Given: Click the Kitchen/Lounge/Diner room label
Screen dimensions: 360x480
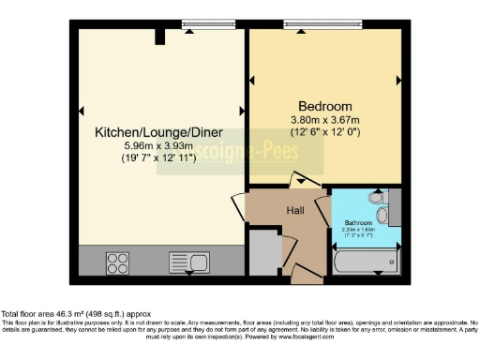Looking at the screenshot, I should (x=154, y=133).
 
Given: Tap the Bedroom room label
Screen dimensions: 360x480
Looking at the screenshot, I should (x=324, y=105).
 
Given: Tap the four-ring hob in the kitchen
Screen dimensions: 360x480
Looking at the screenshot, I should (x=117, y=261).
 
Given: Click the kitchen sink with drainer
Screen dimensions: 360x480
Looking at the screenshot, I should (x=188, y=261).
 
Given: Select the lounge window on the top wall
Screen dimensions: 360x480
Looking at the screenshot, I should (x=196, y=25).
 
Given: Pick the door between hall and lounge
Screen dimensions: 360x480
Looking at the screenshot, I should (x=238, y=204).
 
